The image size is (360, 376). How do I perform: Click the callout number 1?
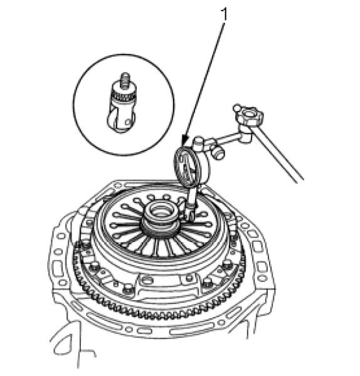point(225,14)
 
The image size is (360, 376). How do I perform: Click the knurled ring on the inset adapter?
point(122,97)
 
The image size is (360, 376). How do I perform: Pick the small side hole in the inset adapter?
point(128,123)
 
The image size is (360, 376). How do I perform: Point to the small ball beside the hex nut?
point(236,107)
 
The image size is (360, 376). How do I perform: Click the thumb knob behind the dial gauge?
point(219,153)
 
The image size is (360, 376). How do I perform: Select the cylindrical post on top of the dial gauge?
point(199,142)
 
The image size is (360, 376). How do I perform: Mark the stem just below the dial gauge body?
point(192,197)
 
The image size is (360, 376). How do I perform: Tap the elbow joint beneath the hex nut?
point(246,136)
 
